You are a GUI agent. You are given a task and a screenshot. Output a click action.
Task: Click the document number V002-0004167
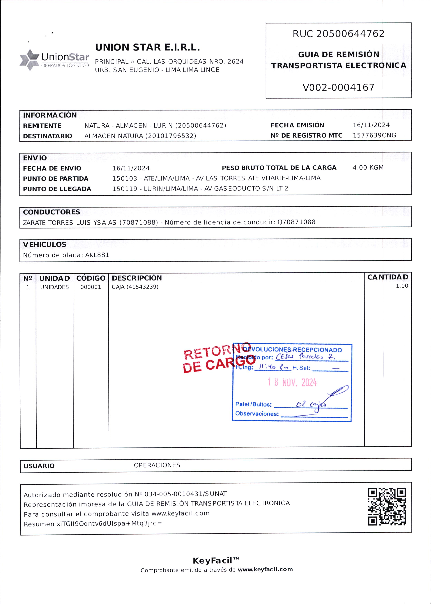338,87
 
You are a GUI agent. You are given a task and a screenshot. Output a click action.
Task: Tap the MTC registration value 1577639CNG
374,135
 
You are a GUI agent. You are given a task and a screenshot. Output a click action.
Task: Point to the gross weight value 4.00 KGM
368,168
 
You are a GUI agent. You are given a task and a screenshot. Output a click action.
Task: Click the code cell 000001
91,287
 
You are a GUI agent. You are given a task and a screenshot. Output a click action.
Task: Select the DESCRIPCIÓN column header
137,278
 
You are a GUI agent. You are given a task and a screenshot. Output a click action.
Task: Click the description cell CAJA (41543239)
135,287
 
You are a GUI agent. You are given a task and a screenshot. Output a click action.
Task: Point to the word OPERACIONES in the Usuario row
157,465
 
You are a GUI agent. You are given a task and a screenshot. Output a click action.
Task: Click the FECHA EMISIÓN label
297,125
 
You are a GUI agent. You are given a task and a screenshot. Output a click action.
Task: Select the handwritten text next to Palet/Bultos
310,404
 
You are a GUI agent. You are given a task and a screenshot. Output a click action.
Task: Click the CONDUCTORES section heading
51,212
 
